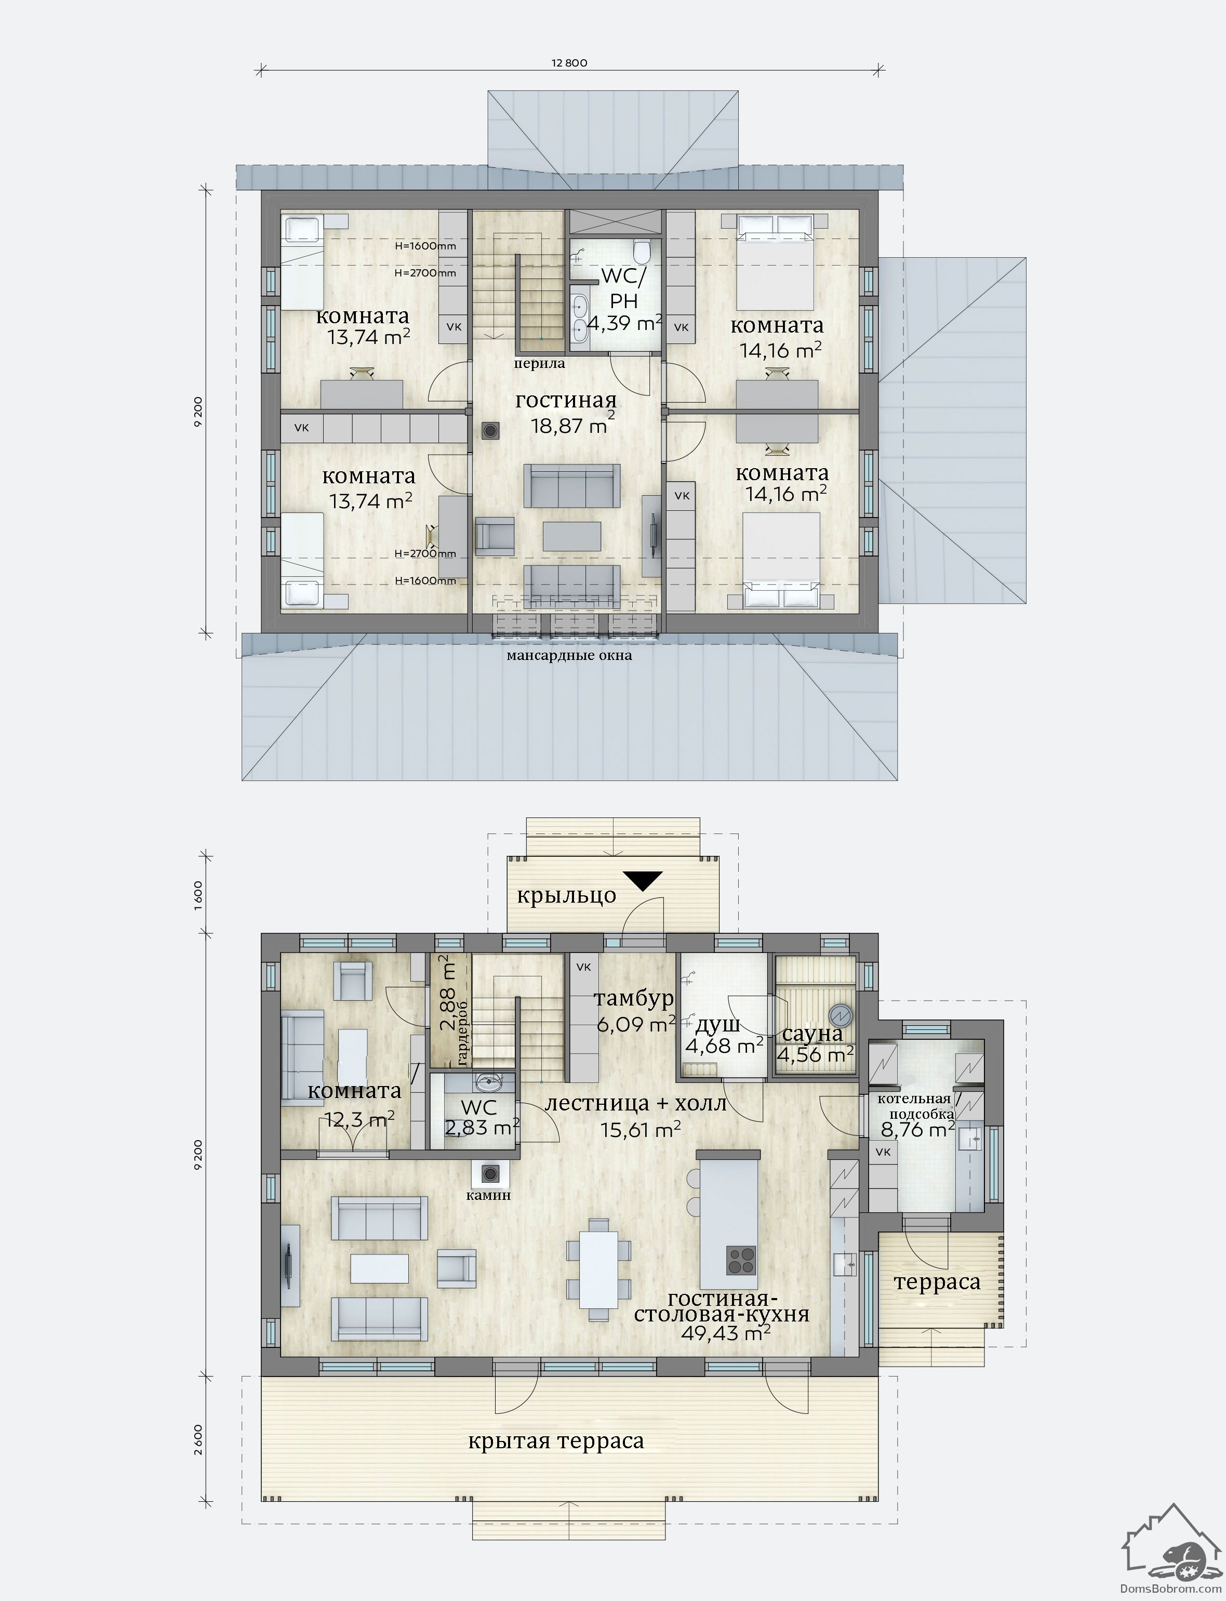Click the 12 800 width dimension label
[x=569, y=63]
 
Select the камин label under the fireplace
[x=488, y=1195]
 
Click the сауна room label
[x=812, y=1034]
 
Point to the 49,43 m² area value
[x=726, y=1332]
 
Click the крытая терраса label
[x=556, y=1441]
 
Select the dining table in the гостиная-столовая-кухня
[x=599, y=1269]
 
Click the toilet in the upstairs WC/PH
[x=642, y=252]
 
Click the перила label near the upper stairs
[x=539, y=363]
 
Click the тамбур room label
[x=633, y=998]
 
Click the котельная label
[x=914, y=1099]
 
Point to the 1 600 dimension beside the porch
[x=199, y=895]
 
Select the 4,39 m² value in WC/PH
[x=624, y=323]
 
